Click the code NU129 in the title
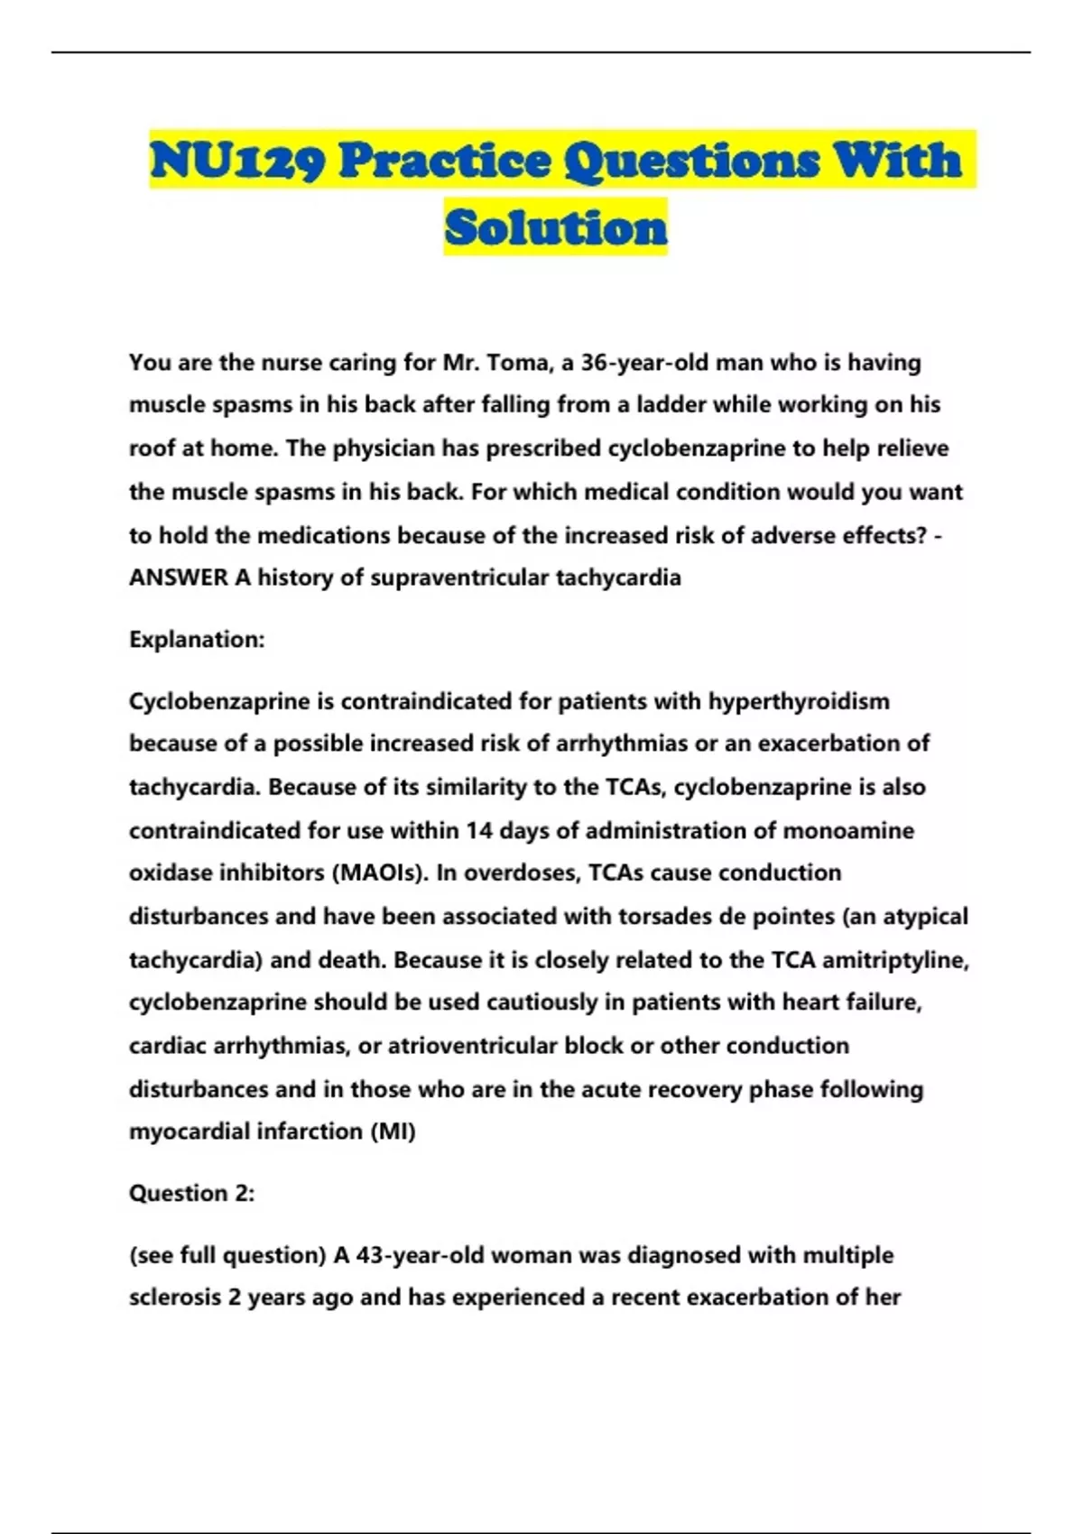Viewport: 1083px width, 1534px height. tap(237, 161)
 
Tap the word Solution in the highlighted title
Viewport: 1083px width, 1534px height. tap(556, 227)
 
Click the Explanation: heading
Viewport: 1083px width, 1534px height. tap(197, 640)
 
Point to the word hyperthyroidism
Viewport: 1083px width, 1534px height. tap(799, 701)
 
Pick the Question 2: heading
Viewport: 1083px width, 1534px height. tap(191, 1194)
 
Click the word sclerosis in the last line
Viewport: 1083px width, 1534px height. tap(174, 1298)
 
